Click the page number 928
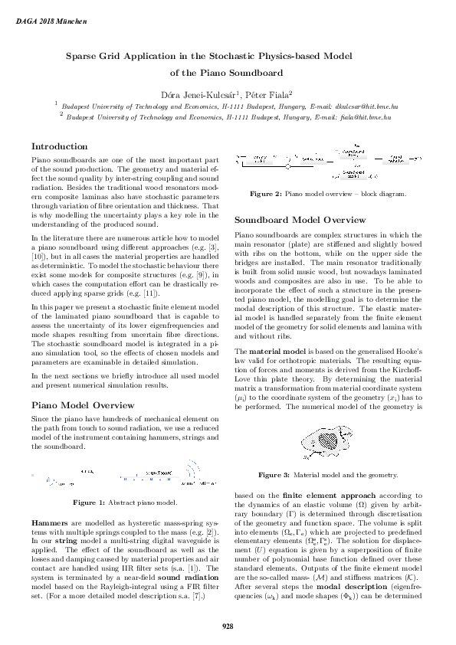click(228, 627)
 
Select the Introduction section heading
click(59, 146)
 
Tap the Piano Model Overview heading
click(82, 404)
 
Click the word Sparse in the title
click(82, 56)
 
